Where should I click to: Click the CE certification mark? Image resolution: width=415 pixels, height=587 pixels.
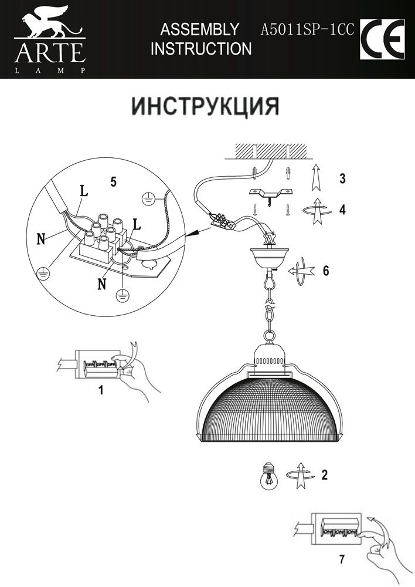[382, 39]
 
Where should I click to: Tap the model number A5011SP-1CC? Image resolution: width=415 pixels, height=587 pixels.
[307, 29]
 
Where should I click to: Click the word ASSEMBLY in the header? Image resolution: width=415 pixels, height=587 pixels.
[199, 29]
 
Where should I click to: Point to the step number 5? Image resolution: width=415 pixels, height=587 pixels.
[113, 182]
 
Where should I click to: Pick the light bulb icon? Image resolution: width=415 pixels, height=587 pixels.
[268, 475]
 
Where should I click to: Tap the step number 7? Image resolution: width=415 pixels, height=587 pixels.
[342, 559]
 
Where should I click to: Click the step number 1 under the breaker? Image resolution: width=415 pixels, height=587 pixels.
[101, 389]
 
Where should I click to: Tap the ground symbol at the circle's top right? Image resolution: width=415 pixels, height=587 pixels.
[149, 197]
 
